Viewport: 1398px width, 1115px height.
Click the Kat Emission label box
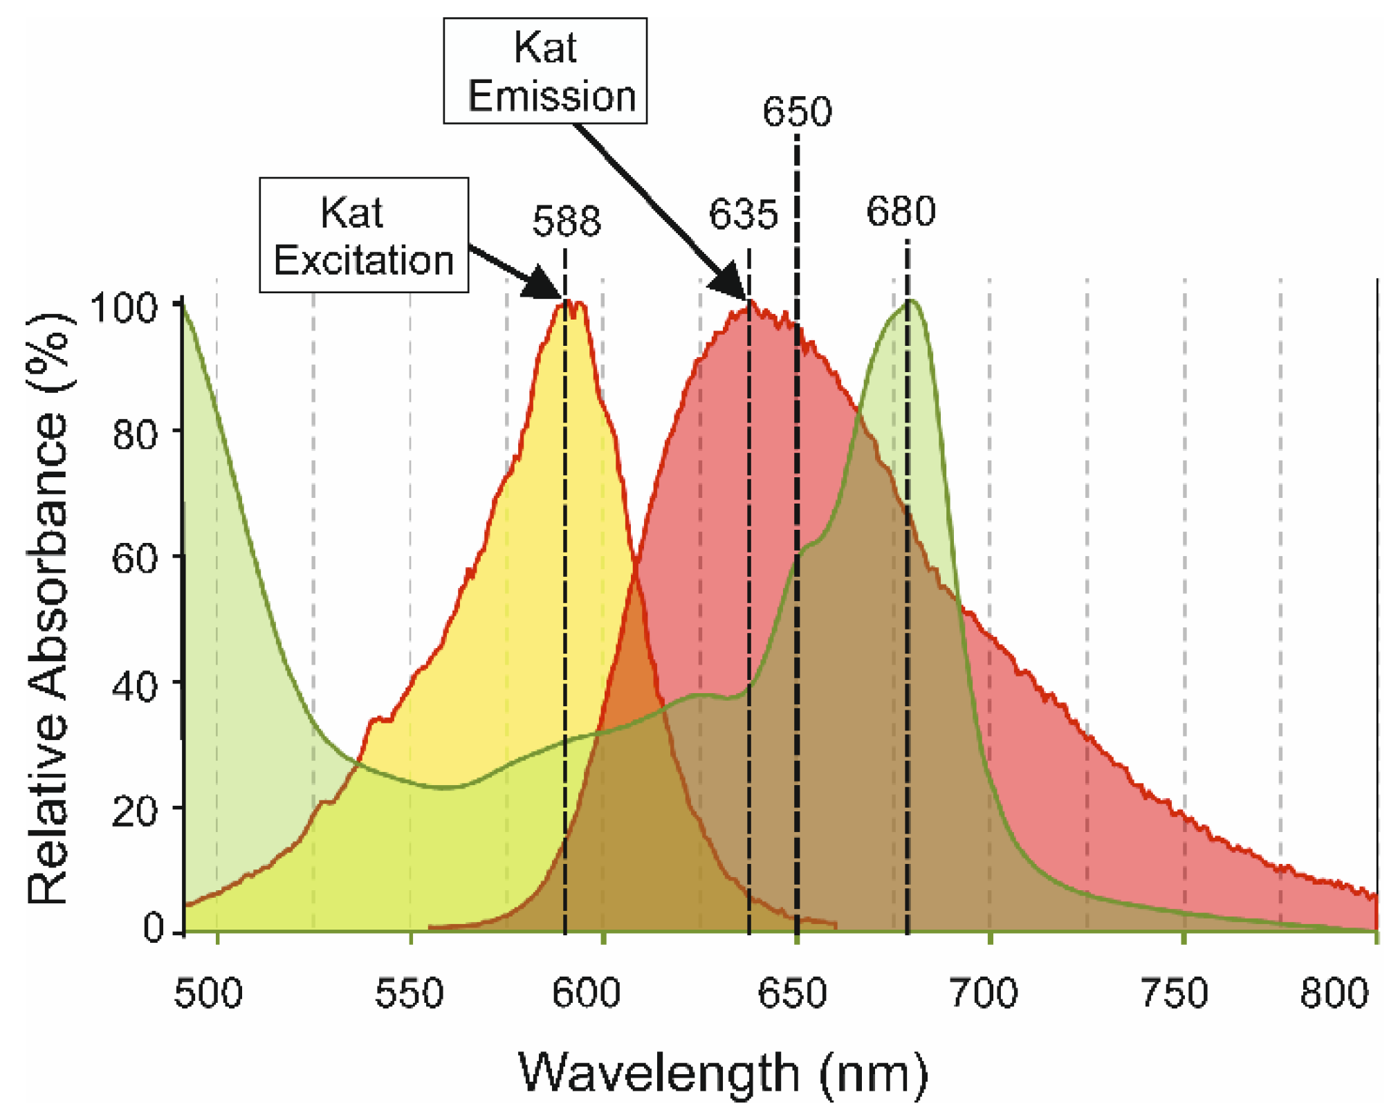point(545,71)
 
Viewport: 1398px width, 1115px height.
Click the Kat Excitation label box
point(364,235)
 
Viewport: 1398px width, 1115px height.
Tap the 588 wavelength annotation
point(567,221)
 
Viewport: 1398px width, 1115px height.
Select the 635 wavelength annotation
point(743,214)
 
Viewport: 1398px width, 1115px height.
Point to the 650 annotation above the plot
point(797,111)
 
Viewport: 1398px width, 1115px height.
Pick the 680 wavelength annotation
point(901,211)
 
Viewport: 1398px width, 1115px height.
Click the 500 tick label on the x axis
point(208,993)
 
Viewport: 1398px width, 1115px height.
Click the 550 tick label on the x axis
point(409,993)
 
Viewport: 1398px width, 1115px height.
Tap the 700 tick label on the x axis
point(984,993)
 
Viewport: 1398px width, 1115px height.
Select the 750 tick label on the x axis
point(1174,993)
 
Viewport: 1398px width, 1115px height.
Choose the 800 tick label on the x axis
point(1334,993)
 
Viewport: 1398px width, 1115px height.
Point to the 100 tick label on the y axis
point(125,308)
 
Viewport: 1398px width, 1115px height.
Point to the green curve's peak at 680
point(912,302)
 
